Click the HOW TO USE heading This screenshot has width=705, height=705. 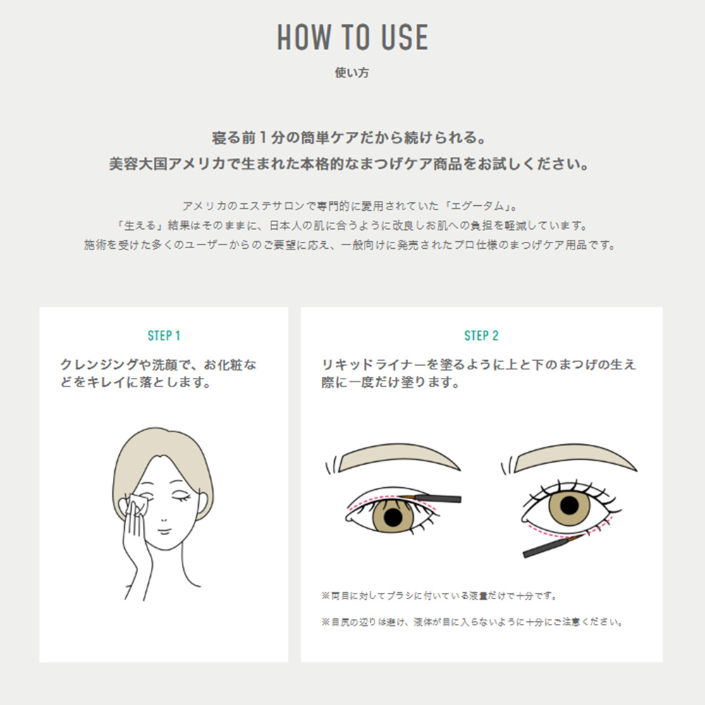[x=352, y=37]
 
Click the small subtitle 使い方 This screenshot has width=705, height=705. [x=352, y=72]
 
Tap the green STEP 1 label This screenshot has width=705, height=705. [x=164, y=336]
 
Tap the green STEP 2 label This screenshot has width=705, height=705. [x=481, y=336]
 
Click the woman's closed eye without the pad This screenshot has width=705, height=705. [x=181, y=498]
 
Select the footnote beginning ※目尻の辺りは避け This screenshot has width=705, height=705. [x=472, y=623]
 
